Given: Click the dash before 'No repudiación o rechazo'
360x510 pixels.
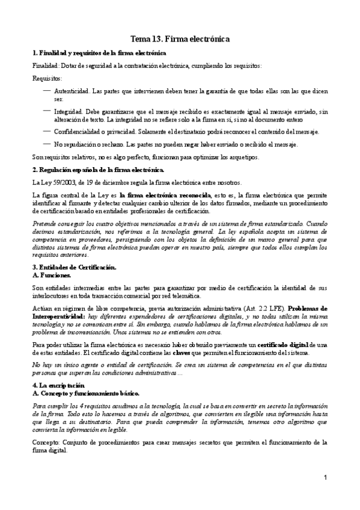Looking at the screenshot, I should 47,144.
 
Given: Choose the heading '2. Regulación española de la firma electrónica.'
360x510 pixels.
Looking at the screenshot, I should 94,170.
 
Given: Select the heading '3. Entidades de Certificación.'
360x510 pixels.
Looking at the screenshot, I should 74,267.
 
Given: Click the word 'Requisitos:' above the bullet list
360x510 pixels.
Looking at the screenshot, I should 46,78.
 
